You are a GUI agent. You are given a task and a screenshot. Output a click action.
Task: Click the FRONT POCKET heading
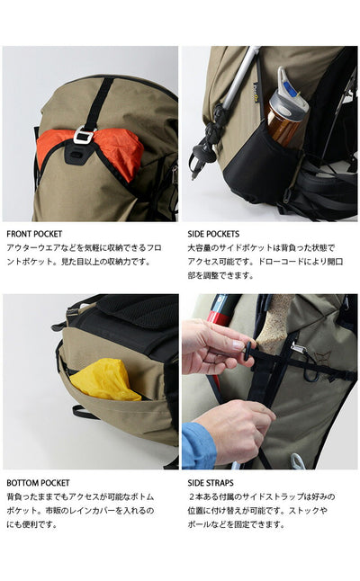click(34, 234)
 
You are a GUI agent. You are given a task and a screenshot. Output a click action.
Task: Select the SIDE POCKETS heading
click(213, 234)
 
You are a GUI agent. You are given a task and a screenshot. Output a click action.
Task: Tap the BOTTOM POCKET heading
click(38, 483)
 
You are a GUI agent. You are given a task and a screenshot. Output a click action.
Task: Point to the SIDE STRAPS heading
click(211, 483)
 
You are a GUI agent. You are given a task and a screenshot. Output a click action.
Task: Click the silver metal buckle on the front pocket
click(82, 135)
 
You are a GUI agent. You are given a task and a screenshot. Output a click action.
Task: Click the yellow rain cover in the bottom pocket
click(105, 380)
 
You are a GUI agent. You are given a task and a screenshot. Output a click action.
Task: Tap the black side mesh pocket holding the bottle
click(259, 166)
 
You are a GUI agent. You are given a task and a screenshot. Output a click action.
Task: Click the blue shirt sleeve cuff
click(198, 444)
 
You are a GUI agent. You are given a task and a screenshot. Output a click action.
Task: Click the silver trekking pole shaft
click(240, 77)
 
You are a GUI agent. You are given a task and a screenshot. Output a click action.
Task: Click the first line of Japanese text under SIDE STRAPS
click(262, 496)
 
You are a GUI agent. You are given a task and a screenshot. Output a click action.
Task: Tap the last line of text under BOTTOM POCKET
click(31, 524)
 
